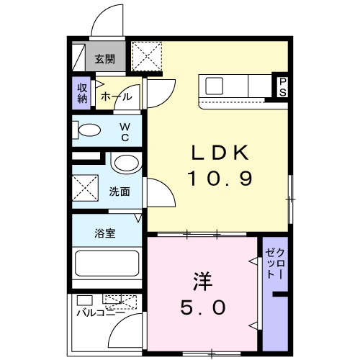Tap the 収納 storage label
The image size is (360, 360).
82,93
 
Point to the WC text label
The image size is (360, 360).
123,131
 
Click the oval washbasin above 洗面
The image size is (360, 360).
125,163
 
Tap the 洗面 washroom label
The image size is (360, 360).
120,192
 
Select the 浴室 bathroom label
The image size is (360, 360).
104,233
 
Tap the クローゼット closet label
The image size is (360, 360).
274,262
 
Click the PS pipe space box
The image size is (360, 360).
283,86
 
